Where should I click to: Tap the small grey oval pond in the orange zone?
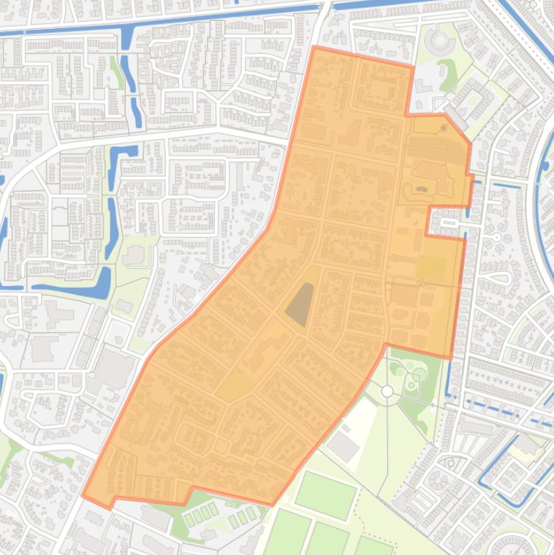click(421, 190)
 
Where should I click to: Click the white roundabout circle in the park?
click(388, 391)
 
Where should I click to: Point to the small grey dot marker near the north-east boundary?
click(444, 128)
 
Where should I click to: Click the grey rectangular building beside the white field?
click(343, 447)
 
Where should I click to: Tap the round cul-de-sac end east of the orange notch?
click(496, 236)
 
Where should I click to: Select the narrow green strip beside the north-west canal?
click(116, 72)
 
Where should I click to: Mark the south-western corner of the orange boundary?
click(83, 496)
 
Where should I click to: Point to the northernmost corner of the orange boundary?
click(315, 48)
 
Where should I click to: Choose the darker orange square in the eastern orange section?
click(432, 268)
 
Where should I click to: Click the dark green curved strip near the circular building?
click(450, 71)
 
